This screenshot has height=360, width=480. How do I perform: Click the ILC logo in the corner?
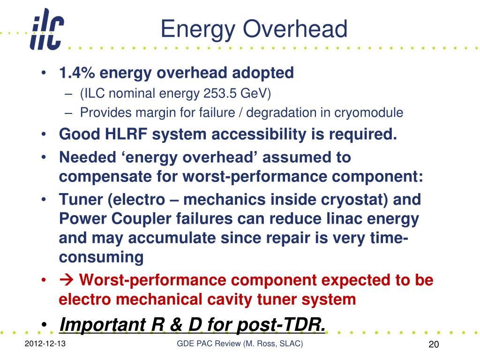pos(47,29)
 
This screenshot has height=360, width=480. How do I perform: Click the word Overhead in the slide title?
pos(295,29)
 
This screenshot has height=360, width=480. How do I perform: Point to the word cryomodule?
pos(368,113)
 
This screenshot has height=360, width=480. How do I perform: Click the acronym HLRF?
pos(126,135)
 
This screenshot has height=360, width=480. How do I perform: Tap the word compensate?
pos(105,177)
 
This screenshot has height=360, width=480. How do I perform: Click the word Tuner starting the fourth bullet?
pos(81,200)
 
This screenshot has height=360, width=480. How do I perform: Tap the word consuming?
pos(101,258)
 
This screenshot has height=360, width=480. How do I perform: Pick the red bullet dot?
pos(44,280)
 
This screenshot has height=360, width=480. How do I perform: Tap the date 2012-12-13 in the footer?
pos(45,344)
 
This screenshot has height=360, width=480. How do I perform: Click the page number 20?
pos(434,345)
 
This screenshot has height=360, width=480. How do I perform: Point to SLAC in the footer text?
pos(291,344)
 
